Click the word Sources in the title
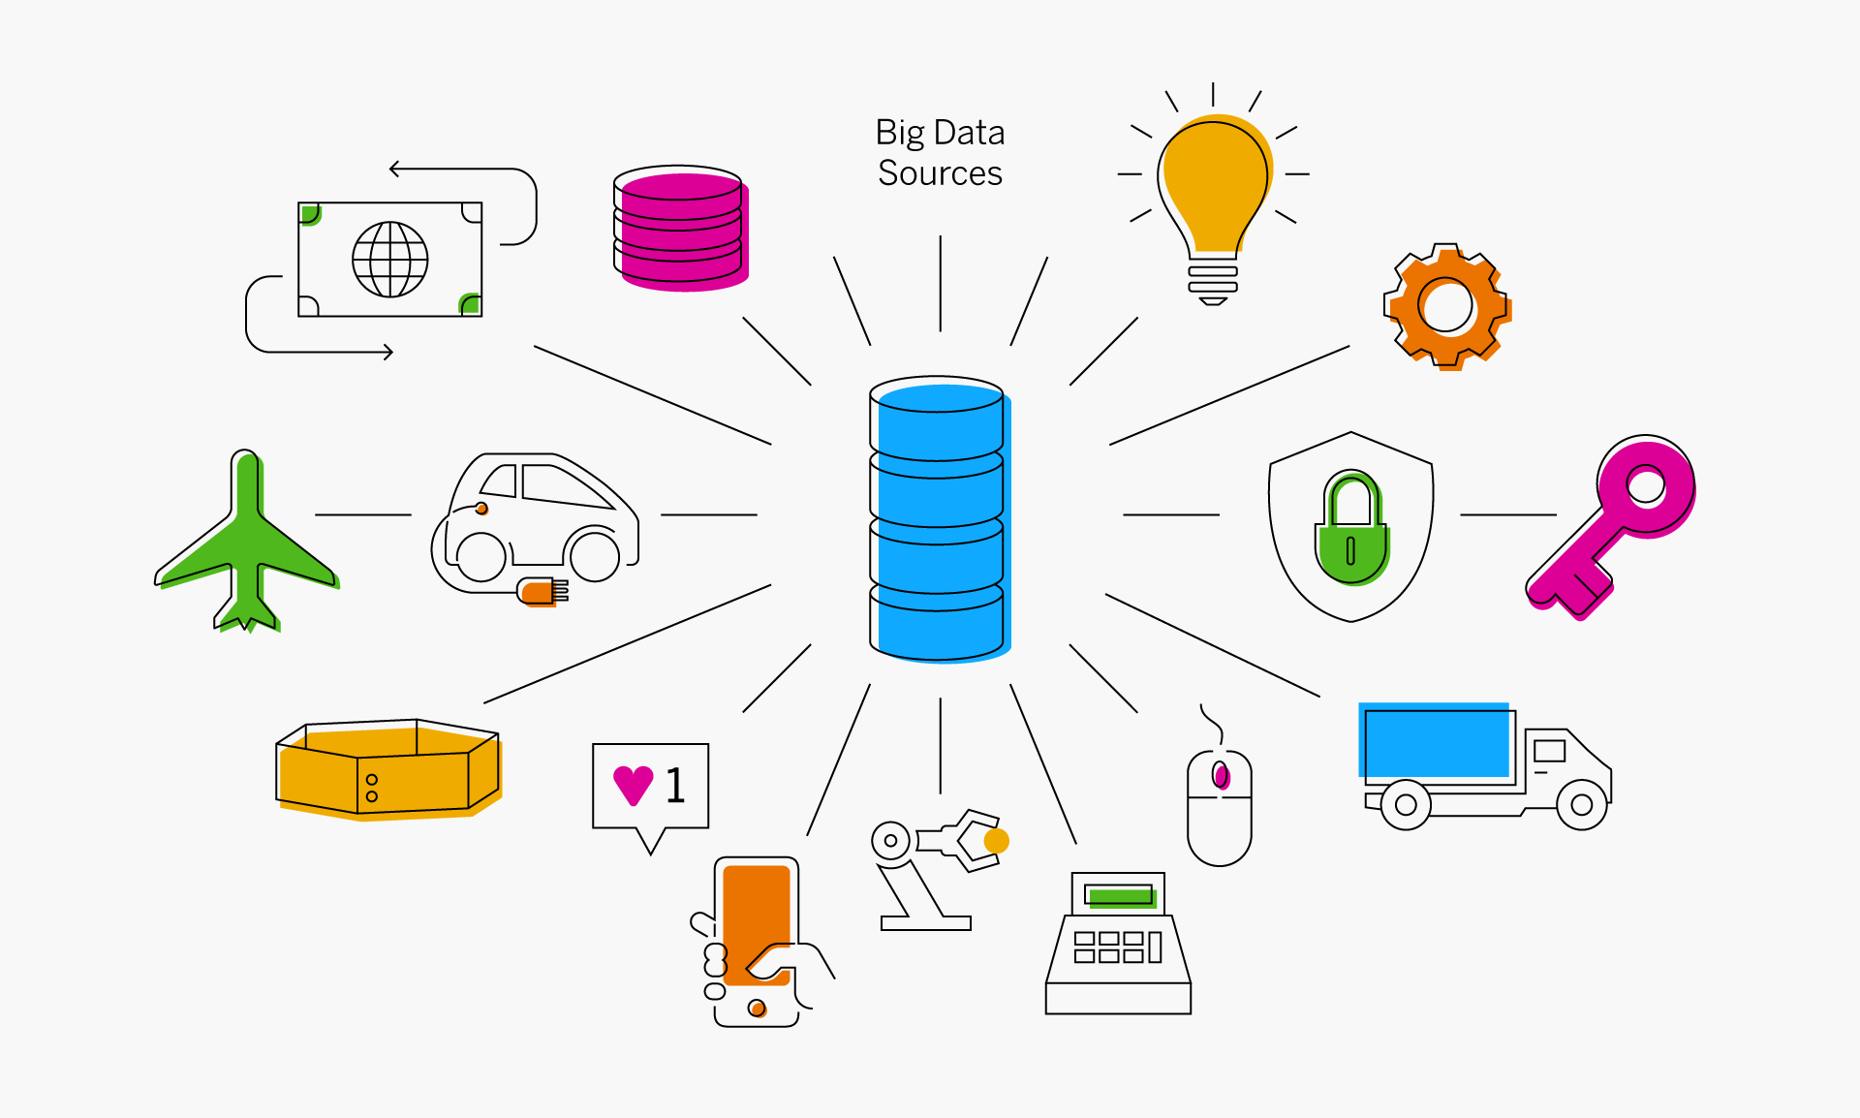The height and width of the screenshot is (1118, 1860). (x=940, y=173)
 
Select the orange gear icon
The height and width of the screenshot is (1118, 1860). (x=1446, y=306)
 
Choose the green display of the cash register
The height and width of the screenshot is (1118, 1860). (x=1120, y=896)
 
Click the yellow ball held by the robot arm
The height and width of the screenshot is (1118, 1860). (x=996, y=841)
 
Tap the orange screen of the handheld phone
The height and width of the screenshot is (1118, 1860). (x=757, y=911)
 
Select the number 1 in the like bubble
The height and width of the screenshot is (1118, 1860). (x=675, y=785)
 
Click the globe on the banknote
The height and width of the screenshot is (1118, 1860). (x=389, y=260)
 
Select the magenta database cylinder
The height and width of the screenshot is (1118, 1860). (x=680, y=229)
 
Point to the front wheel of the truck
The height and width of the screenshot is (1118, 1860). (x=1581, y=805)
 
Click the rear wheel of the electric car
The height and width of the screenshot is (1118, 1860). (x=481, y=557)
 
